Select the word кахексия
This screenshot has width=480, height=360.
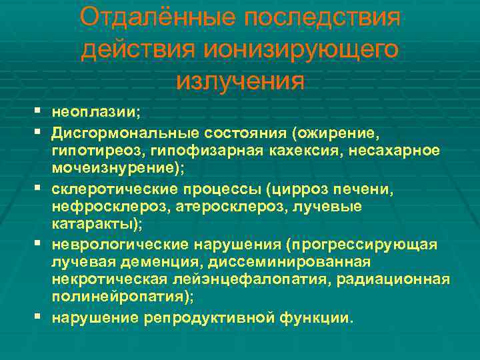(x=282, y=150)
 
